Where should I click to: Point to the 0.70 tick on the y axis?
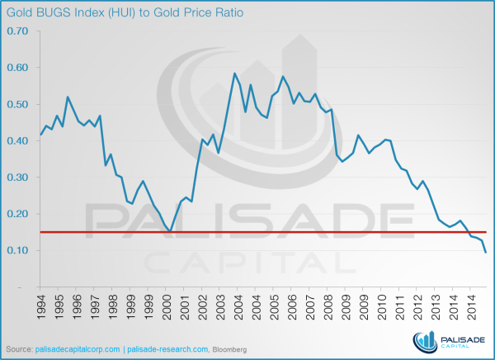click(16, 31)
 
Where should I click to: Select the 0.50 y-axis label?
click(16, 104)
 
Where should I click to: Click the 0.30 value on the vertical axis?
click(16, 178)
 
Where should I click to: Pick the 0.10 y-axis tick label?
click(16, 250)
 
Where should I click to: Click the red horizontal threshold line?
click(247, 232)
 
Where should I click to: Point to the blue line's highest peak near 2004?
click(235, 73)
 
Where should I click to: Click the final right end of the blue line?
click(486, 252)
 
